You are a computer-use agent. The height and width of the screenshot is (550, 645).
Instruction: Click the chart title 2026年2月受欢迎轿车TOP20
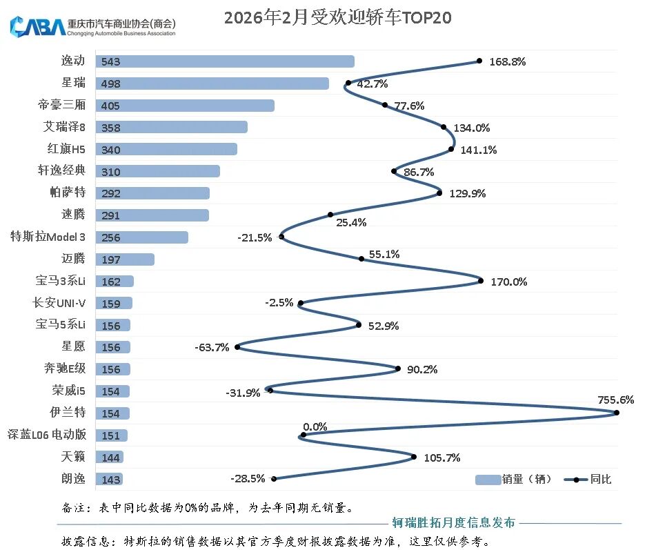pos(337,17)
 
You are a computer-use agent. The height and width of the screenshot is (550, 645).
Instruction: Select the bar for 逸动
pos(225,61)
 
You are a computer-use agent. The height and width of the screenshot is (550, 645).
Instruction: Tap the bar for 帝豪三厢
pos(185,106)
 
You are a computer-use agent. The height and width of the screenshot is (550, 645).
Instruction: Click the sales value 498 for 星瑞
pos(111,84)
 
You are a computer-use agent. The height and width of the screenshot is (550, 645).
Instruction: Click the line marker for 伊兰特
pos(617,413)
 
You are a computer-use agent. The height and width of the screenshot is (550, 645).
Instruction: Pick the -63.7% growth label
pos(211,347)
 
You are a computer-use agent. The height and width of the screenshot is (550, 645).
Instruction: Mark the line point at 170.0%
pos(481,281)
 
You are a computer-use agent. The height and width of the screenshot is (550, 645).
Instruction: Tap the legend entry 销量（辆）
pos(514,479)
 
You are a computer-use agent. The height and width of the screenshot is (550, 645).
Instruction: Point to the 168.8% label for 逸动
pos(508,61)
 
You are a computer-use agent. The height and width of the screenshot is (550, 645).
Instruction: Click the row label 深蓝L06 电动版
pos(47,435)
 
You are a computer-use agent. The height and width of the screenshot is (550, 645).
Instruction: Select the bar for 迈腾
pos(125,259)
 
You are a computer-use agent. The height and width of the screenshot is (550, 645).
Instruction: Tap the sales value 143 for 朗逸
pos(111,480)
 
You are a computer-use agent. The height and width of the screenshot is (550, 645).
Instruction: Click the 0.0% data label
pos(315,426)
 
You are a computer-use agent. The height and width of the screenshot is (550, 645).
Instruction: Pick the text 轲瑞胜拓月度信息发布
pos(453,522)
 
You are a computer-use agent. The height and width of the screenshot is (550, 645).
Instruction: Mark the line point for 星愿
pos(237,347)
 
